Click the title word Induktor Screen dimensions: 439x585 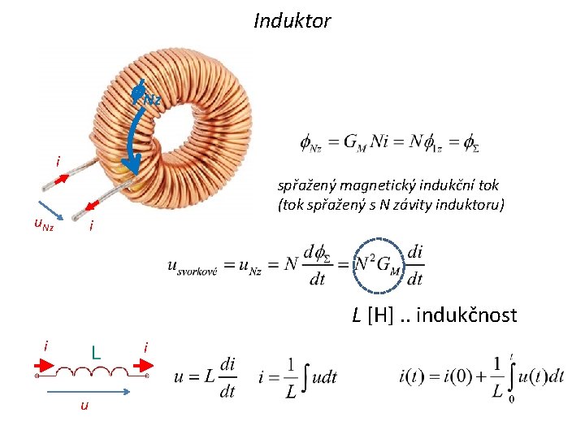(x=292, y=20)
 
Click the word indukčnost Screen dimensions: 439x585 (x=466, y=315)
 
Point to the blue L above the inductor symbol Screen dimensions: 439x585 (x=96, y=353)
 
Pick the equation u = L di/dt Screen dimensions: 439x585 (x=206, y=377)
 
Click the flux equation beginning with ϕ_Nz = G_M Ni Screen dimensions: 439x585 (x=390, y=143)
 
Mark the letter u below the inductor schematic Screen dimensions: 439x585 (x=83, y=406)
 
